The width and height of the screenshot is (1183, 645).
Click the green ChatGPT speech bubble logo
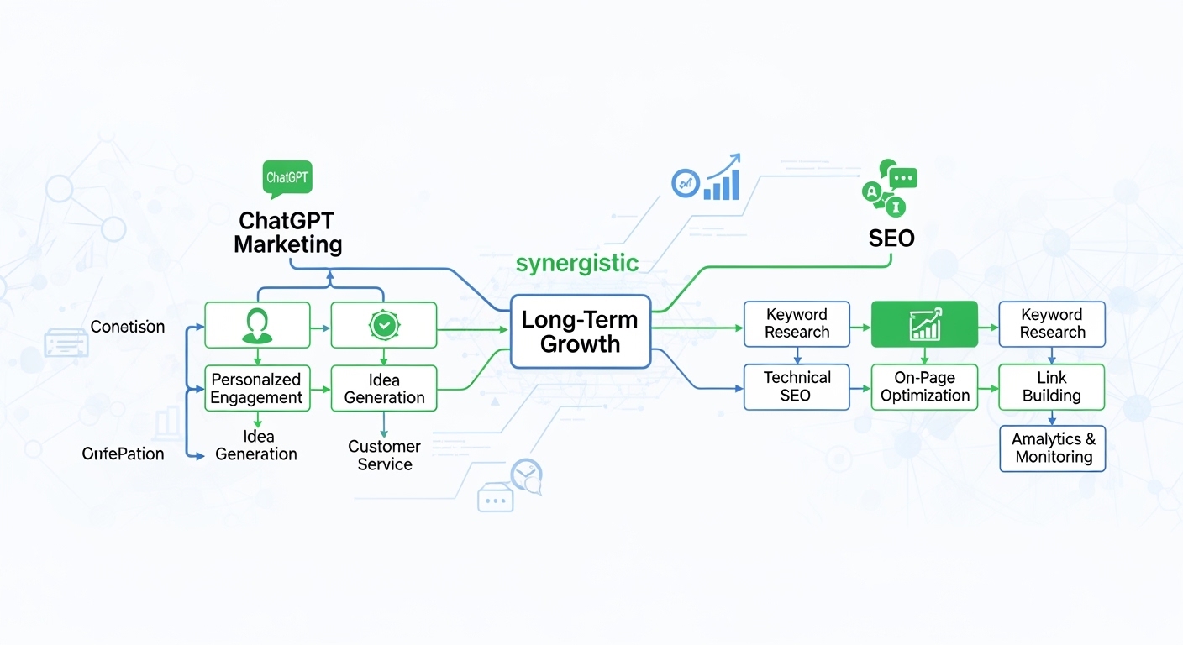pos(287,178)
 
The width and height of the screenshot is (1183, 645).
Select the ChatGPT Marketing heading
pos(287,233)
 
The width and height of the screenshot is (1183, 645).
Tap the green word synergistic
pos(576,263)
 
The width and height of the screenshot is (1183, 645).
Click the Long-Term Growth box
pos(581,332)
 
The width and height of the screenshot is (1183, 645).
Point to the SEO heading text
pos(891,239)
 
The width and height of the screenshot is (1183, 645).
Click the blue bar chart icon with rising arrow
pos(722,179)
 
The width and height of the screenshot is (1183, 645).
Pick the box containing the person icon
pos(257,325)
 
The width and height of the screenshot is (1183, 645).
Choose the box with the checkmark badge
pos(384,325)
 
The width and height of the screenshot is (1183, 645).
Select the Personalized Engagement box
pos(257,388)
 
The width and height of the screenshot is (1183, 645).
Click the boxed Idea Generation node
pos(384,388)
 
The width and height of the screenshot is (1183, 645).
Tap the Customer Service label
pos(385,455)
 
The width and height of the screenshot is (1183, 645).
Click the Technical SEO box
pos(797,387)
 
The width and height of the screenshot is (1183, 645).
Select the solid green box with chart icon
pos(924,324)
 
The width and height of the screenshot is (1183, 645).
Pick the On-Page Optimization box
pos(924,387)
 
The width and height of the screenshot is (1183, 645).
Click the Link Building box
pos(1052,387)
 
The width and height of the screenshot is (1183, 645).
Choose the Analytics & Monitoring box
pos(1053,448)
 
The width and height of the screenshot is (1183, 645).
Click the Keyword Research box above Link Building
pos(1052,324)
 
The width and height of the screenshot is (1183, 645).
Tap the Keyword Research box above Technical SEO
pos(797,324)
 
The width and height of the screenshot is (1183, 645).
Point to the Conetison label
pos(128,327)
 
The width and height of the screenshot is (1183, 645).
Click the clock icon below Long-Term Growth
pos(527,475)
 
